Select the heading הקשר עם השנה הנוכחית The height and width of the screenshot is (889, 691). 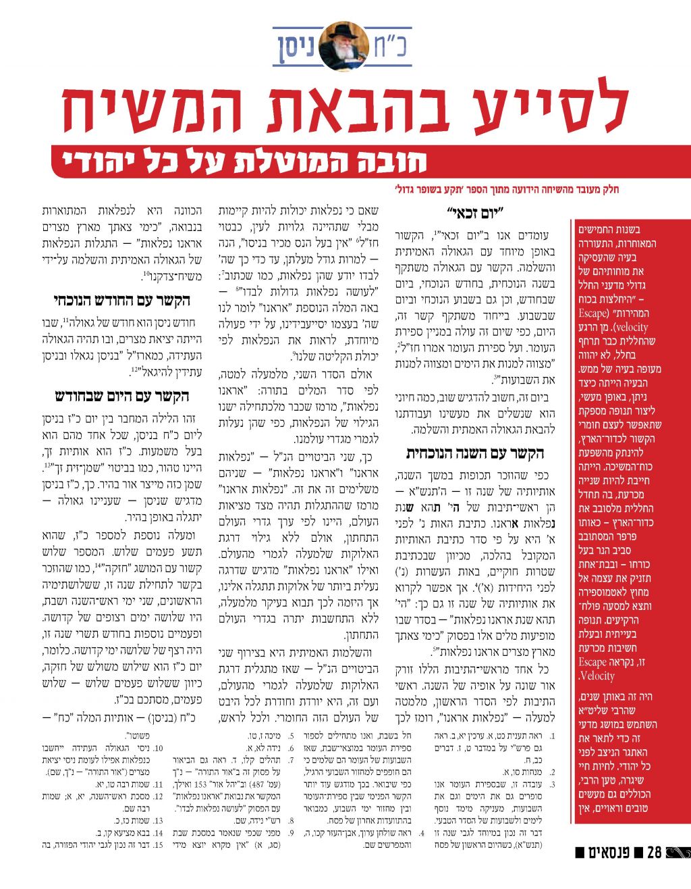coord(475,453)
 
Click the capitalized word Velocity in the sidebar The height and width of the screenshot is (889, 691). coord(598,676)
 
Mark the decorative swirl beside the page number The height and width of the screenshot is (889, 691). coord(677,853)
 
